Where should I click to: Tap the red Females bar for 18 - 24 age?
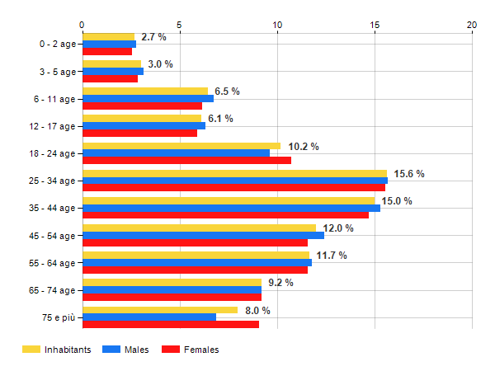186,160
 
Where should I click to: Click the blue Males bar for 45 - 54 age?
203,235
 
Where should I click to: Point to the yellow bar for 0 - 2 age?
108,37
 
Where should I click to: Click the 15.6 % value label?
409,174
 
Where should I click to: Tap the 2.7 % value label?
153,37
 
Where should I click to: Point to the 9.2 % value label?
280,283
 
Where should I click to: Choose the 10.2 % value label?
304,147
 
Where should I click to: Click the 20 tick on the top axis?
472,25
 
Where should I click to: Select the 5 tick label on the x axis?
179,25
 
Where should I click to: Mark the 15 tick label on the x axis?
375,25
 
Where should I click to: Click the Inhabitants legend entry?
56,350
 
